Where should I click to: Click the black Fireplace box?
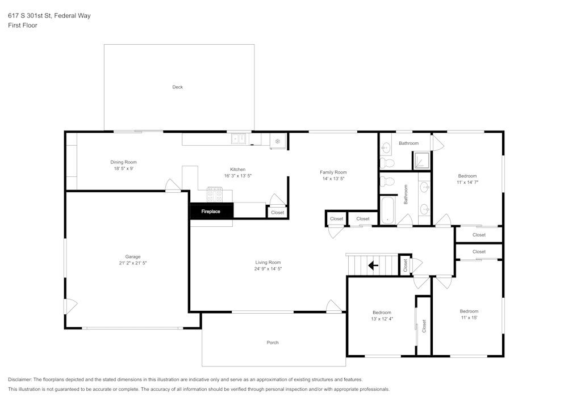coord(211,212)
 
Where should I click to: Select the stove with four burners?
coord(215,195)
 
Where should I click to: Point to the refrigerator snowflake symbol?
coord(278,141)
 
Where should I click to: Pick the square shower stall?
coord(421,161)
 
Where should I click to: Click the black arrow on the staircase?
coord(373,265)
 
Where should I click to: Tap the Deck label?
coord(178,87)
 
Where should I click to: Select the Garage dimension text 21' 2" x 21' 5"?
coord(133,263)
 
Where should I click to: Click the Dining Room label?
coord(123,162)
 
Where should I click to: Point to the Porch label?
coord(273,343)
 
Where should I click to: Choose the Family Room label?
coord(333,172)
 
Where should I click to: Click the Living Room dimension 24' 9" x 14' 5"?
coord(268,269)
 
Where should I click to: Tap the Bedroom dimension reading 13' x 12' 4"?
coord(382,319)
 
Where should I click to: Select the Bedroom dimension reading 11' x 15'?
coord(469,318)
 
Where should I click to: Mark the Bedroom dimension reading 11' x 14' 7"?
coord(467,182)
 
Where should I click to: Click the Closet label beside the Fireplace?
coord(277,213)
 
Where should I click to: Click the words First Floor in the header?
coord(23,26)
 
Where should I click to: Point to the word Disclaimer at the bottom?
coord(20,379)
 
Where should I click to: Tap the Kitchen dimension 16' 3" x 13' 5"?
coord(237,176)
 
